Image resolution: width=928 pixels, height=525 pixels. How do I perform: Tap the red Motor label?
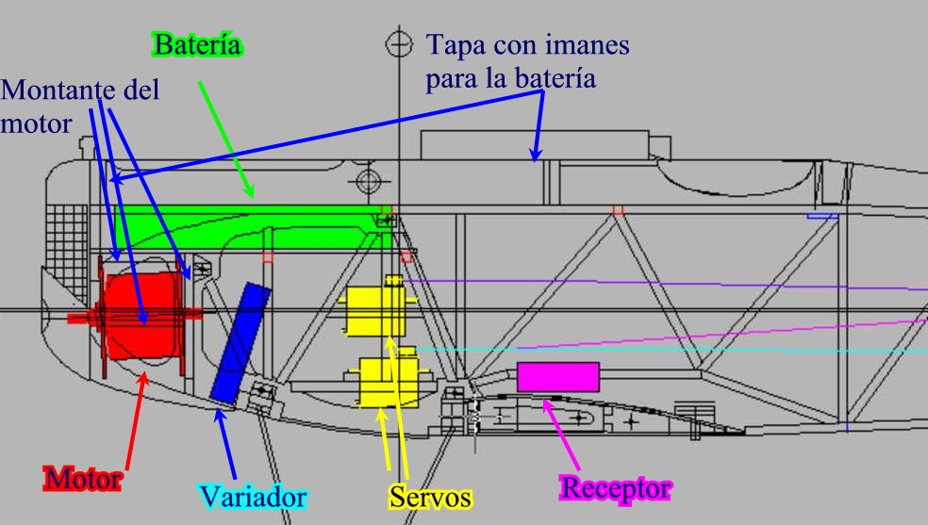(82, 480)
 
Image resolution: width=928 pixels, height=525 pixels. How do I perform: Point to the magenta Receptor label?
(616, 488)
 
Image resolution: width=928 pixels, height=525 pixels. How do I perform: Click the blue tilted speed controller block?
(240, 341)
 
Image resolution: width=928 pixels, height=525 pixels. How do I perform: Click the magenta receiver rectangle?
(557, 376)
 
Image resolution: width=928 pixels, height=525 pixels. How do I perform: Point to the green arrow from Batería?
(226, 141)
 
